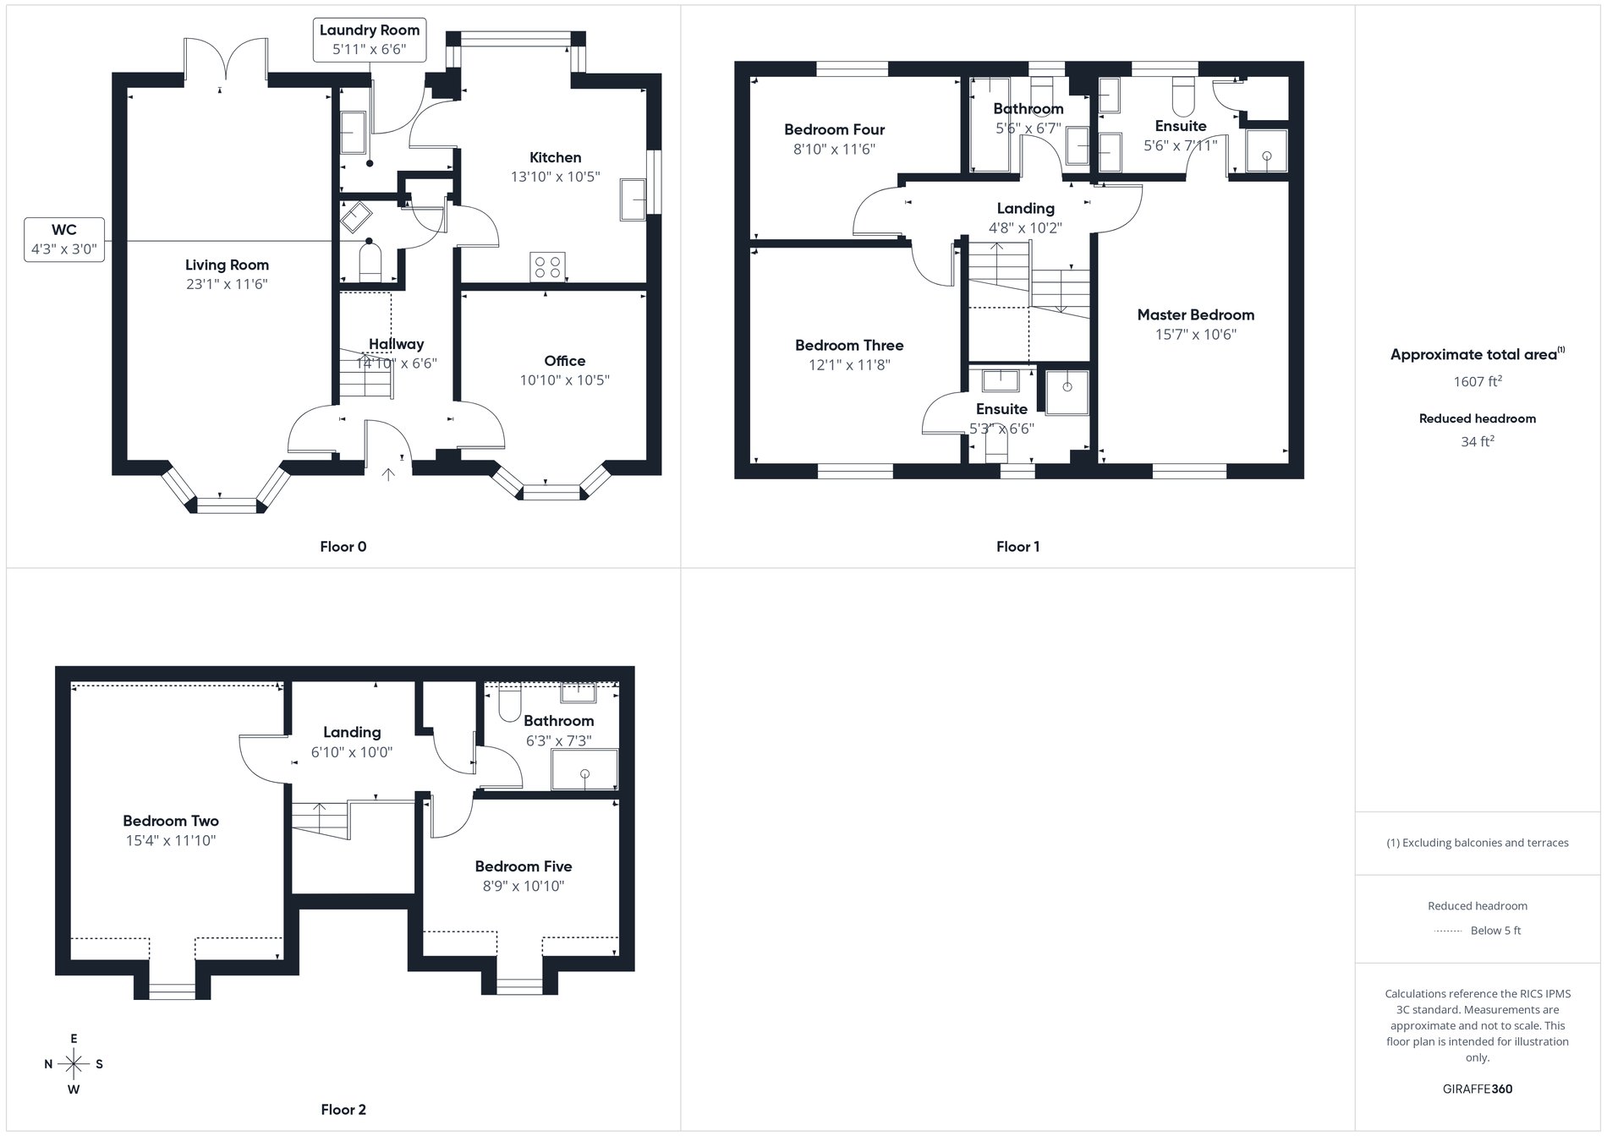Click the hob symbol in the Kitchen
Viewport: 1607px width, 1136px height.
547,267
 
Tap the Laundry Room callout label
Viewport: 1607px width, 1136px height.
369,40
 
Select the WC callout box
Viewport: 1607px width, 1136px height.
64,239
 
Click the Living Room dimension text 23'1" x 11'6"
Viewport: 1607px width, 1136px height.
227,285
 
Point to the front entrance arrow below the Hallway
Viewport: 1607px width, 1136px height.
388,474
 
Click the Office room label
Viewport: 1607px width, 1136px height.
564,361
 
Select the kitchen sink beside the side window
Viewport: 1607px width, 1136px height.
633,200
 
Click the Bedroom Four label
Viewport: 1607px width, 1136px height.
834,129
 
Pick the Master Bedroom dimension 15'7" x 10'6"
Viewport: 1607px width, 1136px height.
1195,335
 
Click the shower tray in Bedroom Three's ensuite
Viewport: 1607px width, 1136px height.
1067,392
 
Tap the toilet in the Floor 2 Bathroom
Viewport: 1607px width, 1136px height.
509,706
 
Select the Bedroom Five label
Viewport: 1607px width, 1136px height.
523,866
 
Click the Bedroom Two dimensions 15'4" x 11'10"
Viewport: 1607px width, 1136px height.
170,841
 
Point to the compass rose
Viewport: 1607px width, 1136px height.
74,1064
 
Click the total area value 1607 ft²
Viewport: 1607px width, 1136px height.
1477,382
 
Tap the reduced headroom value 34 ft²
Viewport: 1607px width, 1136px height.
1477,441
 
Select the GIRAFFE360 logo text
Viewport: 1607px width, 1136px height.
1477,1089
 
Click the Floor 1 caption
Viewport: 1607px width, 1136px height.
1017,547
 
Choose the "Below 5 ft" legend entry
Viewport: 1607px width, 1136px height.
1495,931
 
